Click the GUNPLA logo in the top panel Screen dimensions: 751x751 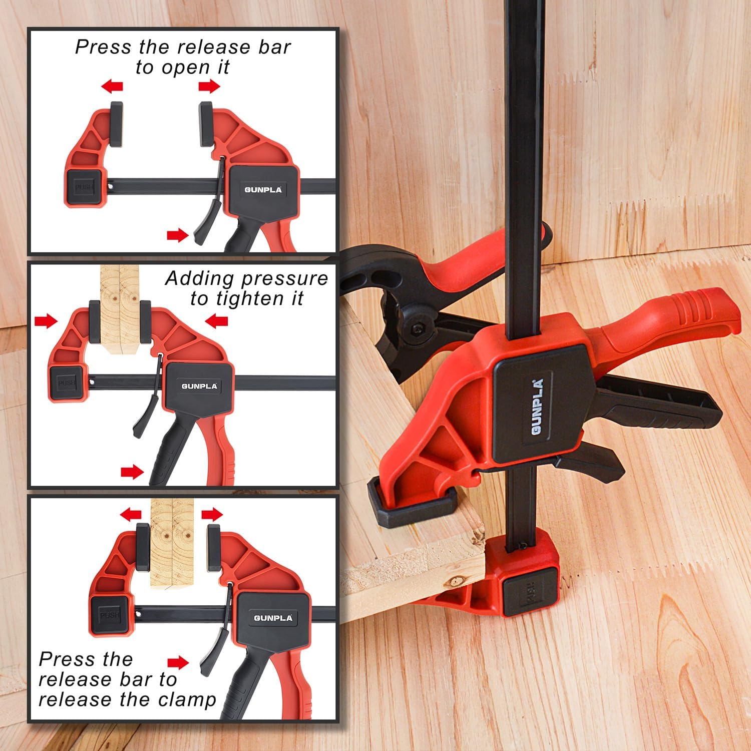(263, 190)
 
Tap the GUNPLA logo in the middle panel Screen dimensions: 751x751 (199, 386)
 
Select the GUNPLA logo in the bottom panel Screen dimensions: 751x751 (273, 618)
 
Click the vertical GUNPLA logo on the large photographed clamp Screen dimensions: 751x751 (538, 405)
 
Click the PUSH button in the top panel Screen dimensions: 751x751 (84, 187)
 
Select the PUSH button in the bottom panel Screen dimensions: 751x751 (109, 615)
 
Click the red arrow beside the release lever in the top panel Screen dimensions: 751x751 (177, 235)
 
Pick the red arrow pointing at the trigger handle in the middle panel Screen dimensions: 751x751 (132, 472)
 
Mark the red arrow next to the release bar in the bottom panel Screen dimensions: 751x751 (178, 663)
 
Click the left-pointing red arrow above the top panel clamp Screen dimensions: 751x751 (112, 87)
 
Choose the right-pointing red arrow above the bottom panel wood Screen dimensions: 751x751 (212, 514)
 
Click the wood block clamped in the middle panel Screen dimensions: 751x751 (119, 310)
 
